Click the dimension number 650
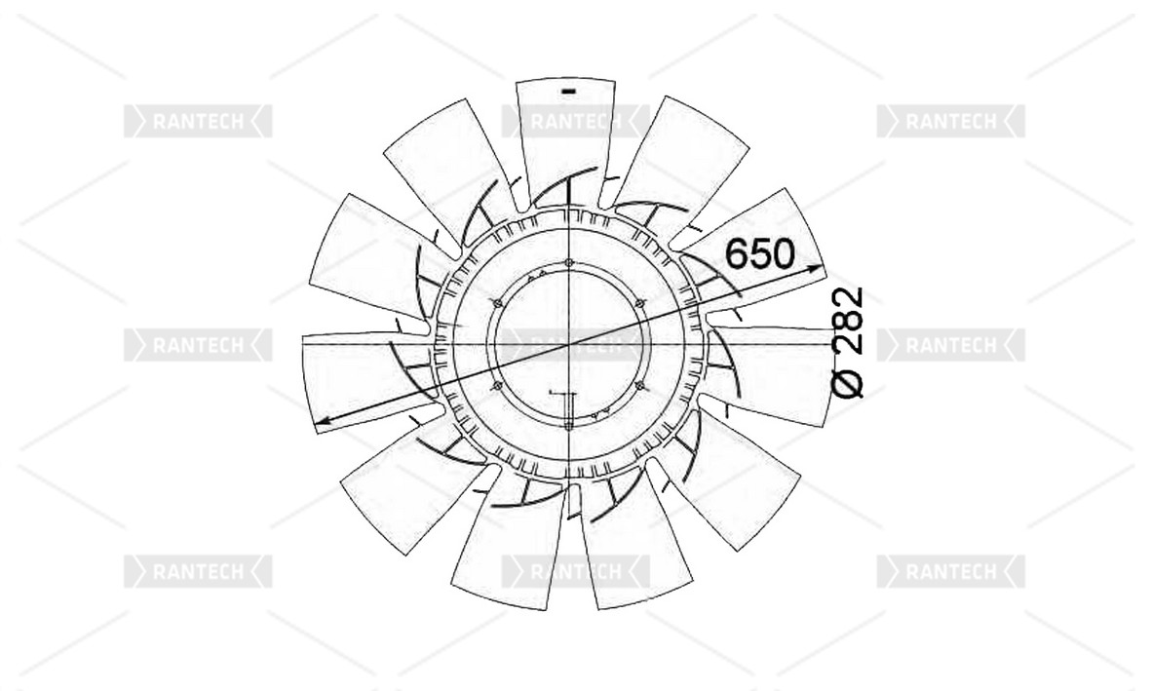(x=760, y=254)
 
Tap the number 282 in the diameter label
(x=848, y=321)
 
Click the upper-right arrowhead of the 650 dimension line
(x=815, y=269)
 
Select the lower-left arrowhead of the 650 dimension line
(x=323, y=421)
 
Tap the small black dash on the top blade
(x=568, y=92)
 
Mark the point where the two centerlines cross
(x=569, y=343)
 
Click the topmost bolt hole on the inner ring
(x=569, y=262)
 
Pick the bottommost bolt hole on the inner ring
(x=569, y=424)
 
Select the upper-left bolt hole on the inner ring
(x=498, y=303)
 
